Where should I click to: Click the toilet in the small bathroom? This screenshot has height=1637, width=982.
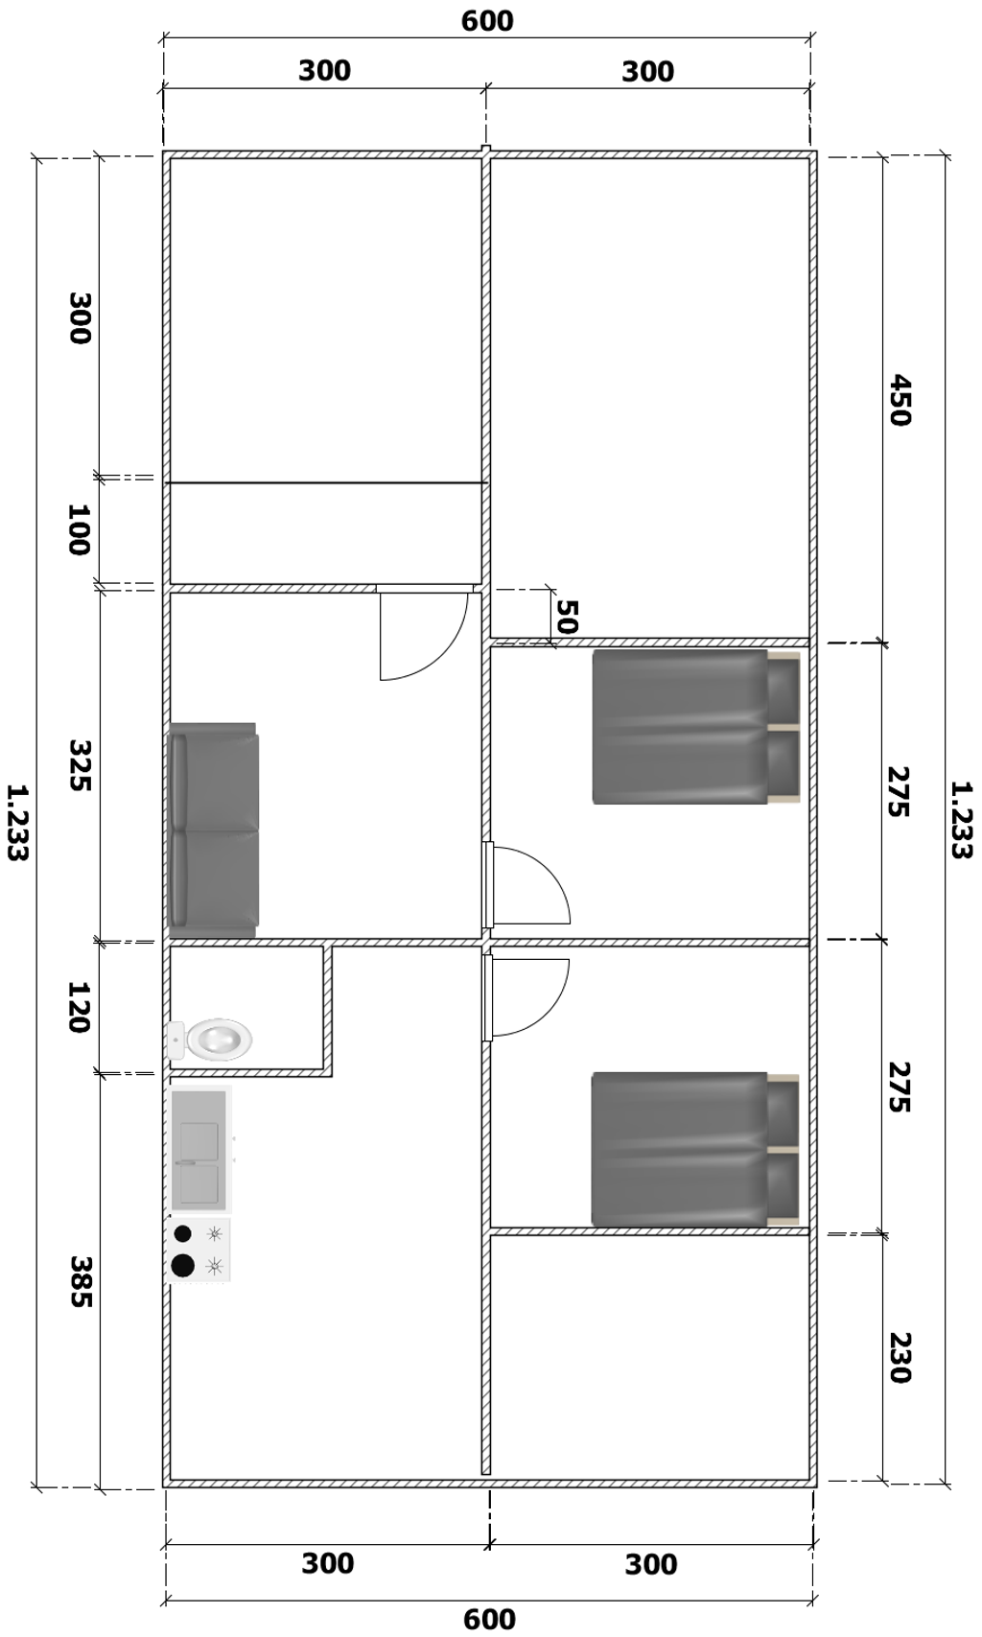210,1039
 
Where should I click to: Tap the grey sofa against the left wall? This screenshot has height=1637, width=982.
213,830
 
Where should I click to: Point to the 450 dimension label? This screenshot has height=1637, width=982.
900,400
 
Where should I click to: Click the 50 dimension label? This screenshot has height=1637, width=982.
568,616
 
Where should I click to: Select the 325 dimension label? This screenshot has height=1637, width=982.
80,765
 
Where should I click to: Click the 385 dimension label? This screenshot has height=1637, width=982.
80,1281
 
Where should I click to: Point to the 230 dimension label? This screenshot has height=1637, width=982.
900,1358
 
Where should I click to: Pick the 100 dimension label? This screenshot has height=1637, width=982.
79,529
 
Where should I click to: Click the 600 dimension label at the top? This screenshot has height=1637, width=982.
487,21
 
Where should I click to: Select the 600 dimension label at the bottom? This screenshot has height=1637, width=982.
489,1620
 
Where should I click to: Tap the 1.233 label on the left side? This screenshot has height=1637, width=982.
17,823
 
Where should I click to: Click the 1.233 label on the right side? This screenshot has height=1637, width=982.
962,820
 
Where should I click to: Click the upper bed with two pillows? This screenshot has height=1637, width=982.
695,726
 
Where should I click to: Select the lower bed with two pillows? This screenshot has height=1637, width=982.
695,1150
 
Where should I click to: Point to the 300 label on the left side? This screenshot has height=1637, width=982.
80,317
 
